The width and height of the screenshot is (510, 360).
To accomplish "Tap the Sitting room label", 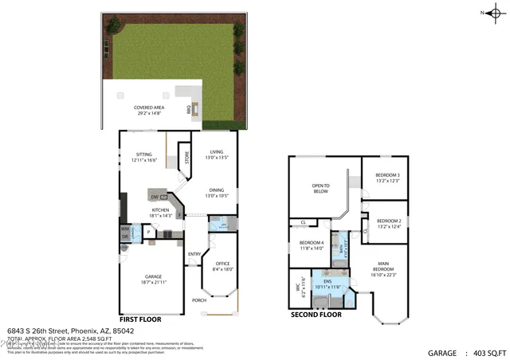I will pyautogui.click(x=143, y=155).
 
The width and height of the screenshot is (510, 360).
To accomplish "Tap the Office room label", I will pyautogui.click(x=222, y=266).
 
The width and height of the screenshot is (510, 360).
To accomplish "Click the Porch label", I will pyautogui.click(x=198, y=300).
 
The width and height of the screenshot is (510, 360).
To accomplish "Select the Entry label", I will pyautogui.click(x=194, y=254).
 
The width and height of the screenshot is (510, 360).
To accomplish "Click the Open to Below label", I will pyautogui.click(x=320, y=189).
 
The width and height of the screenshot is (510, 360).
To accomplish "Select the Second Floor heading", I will pyautogui.click(x=316, y=315).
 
